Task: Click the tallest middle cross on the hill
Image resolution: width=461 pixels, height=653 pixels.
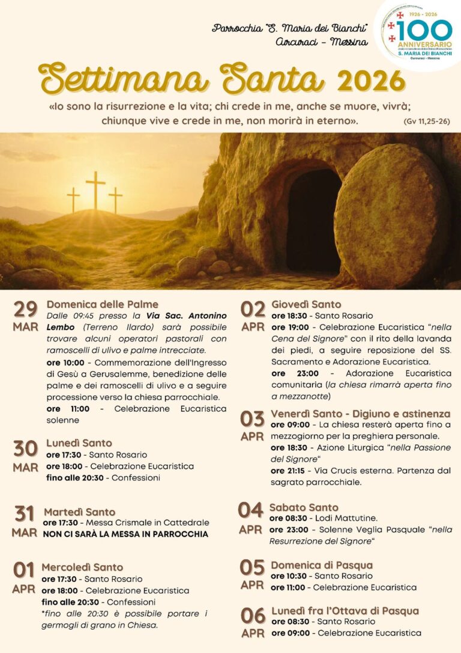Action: pyautogui.click(x=95, y=189)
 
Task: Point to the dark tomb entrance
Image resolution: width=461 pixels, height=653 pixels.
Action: pyautogui.click(x=313, y=219)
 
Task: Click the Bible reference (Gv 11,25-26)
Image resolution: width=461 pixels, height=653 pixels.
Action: pyautogui.click(x=427, y=121)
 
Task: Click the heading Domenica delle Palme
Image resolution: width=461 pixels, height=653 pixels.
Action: pyautogui.click(x=102, y=304)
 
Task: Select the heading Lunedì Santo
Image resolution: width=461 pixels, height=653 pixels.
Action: pyautogui.click(x=79, y=443)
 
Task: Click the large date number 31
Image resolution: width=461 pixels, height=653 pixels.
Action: pyautogui.click(x=24, y=514)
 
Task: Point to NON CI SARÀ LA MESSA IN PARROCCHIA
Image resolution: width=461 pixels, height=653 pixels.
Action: pyautogui.click(x=125, y=534)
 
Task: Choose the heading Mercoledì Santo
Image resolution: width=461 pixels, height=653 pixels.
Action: pyautogui.click(x=82, y=567)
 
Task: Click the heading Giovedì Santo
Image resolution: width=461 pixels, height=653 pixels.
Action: pyautogui.click(x=306, y=304)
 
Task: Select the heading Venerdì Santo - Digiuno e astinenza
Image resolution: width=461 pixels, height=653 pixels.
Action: pyautogui.click(x=360, y=414)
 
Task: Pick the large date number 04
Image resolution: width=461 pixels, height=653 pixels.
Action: pyautogui.click(x=250, y=510)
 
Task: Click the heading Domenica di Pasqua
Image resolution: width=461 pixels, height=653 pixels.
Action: pyautogui.click(x=322, y=565)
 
